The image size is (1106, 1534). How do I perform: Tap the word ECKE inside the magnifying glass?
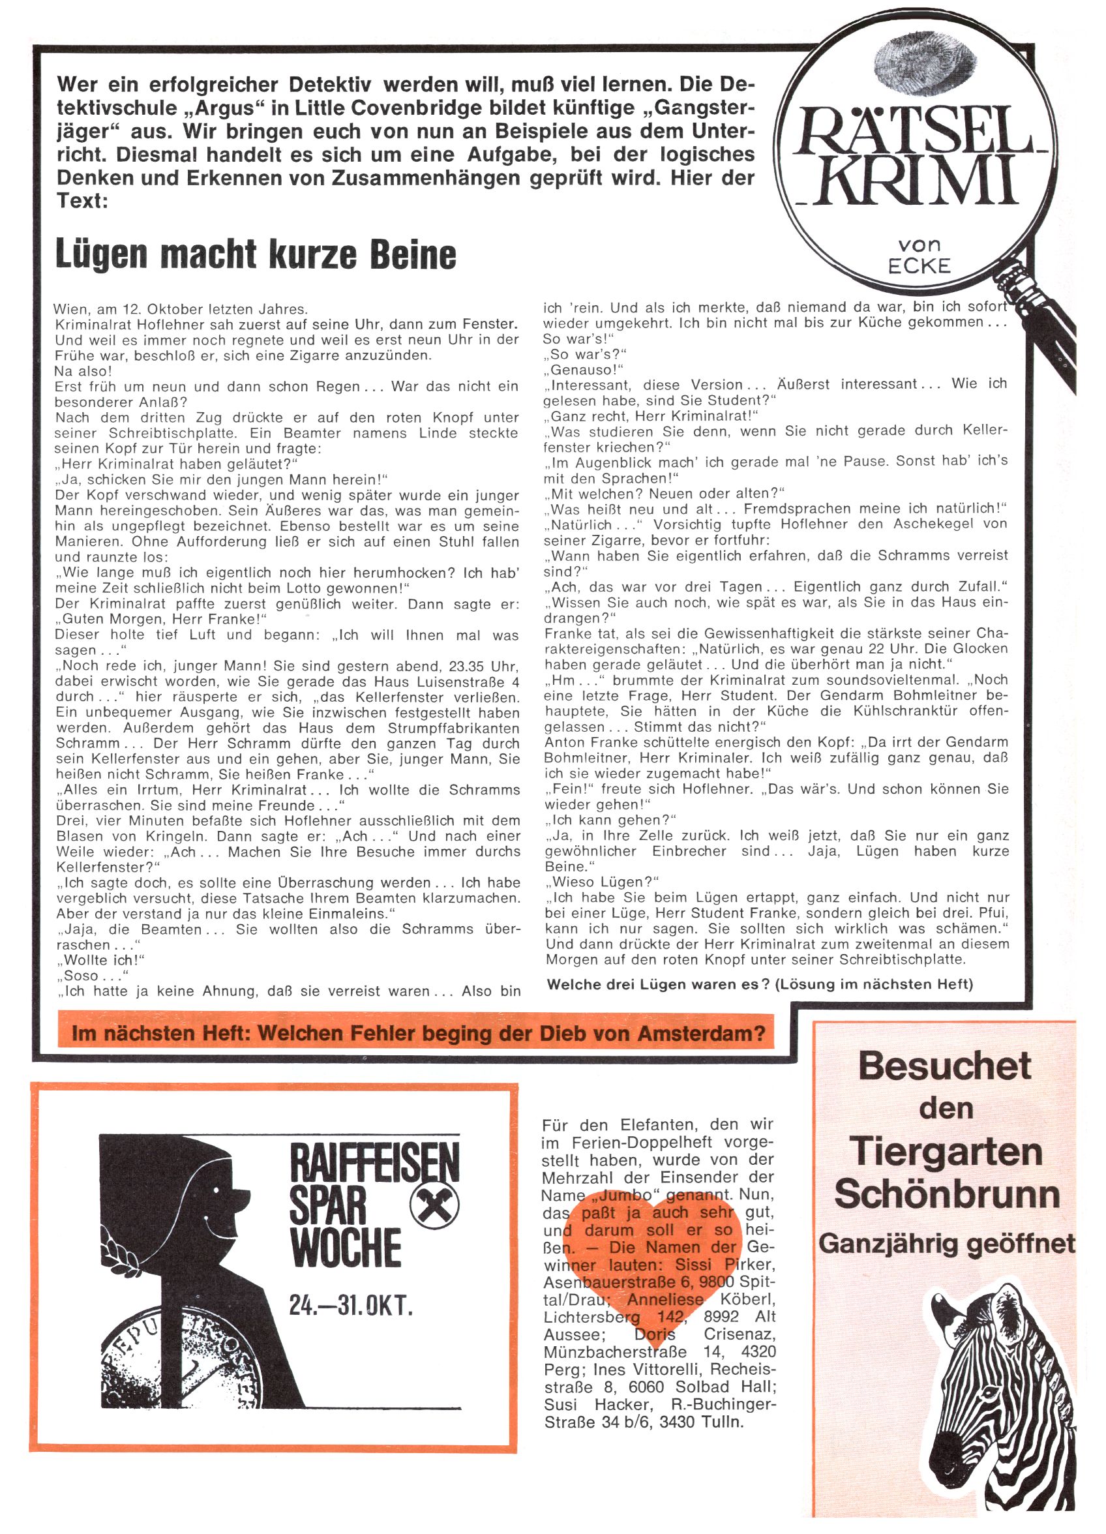coord(919,266)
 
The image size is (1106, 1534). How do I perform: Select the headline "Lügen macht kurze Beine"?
coord(256,254)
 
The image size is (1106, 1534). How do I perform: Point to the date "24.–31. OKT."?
coord(350,1304)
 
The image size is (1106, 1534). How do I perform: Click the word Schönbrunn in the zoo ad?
coord(946,1194)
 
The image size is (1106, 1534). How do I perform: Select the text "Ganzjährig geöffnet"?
coord(946,1243)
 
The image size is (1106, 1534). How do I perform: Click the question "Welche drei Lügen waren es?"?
coord(658,984)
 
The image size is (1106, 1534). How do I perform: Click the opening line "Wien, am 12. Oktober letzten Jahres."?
coord(181,309)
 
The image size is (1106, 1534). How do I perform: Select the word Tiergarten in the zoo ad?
coord(946,1151)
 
